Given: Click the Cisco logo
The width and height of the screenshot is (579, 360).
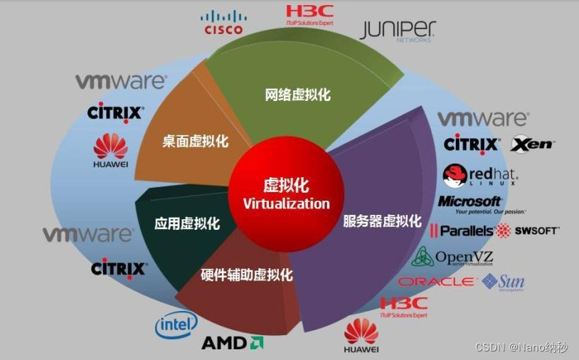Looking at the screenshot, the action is (223, 22).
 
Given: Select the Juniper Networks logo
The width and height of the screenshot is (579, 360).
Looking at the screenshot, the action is (398, 31).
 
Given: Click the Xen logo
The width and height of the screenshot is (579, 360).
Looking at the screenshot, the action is (532, 144).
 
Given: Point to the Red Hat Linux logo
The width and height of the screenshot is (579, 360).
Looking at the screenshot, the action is (480, 175).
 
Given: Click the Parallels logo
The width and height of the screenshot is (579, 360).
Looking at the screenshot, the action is (462, 231).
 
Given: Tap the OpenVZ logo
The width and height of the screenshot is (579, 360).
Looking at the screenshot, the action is (452, 257).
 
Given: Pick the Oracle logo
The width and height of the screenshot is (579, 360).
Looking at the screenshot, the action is (437, 282).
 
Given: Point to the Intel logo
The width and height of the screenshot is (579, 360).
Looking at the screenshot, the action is (176, 326).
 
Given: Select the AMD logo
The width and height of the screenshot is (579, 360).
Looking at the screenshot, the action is (233, 343).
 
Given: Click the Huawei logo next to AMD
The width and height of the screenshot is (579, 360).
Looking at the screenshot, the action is (361, 336).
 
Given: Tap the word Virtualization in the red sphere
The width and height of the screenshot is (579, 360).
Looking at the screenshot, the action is (287, 203).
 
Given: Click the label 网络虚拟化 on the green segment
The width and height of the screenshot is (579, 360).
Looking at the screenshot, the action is (298, 95).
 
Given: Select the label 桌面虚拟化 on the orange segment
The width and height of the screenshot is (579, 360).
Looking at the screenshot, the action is (195, 141).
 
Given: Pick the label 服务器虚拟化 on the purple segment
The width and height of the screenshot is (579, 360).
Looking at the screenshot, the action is (383, 221).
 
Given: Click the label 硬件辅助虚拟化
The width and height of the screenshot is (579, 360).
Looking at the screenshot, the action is (247, 275).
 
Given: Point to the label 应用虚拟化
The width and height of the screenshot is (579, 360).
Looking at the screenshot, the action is (187, 224).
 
